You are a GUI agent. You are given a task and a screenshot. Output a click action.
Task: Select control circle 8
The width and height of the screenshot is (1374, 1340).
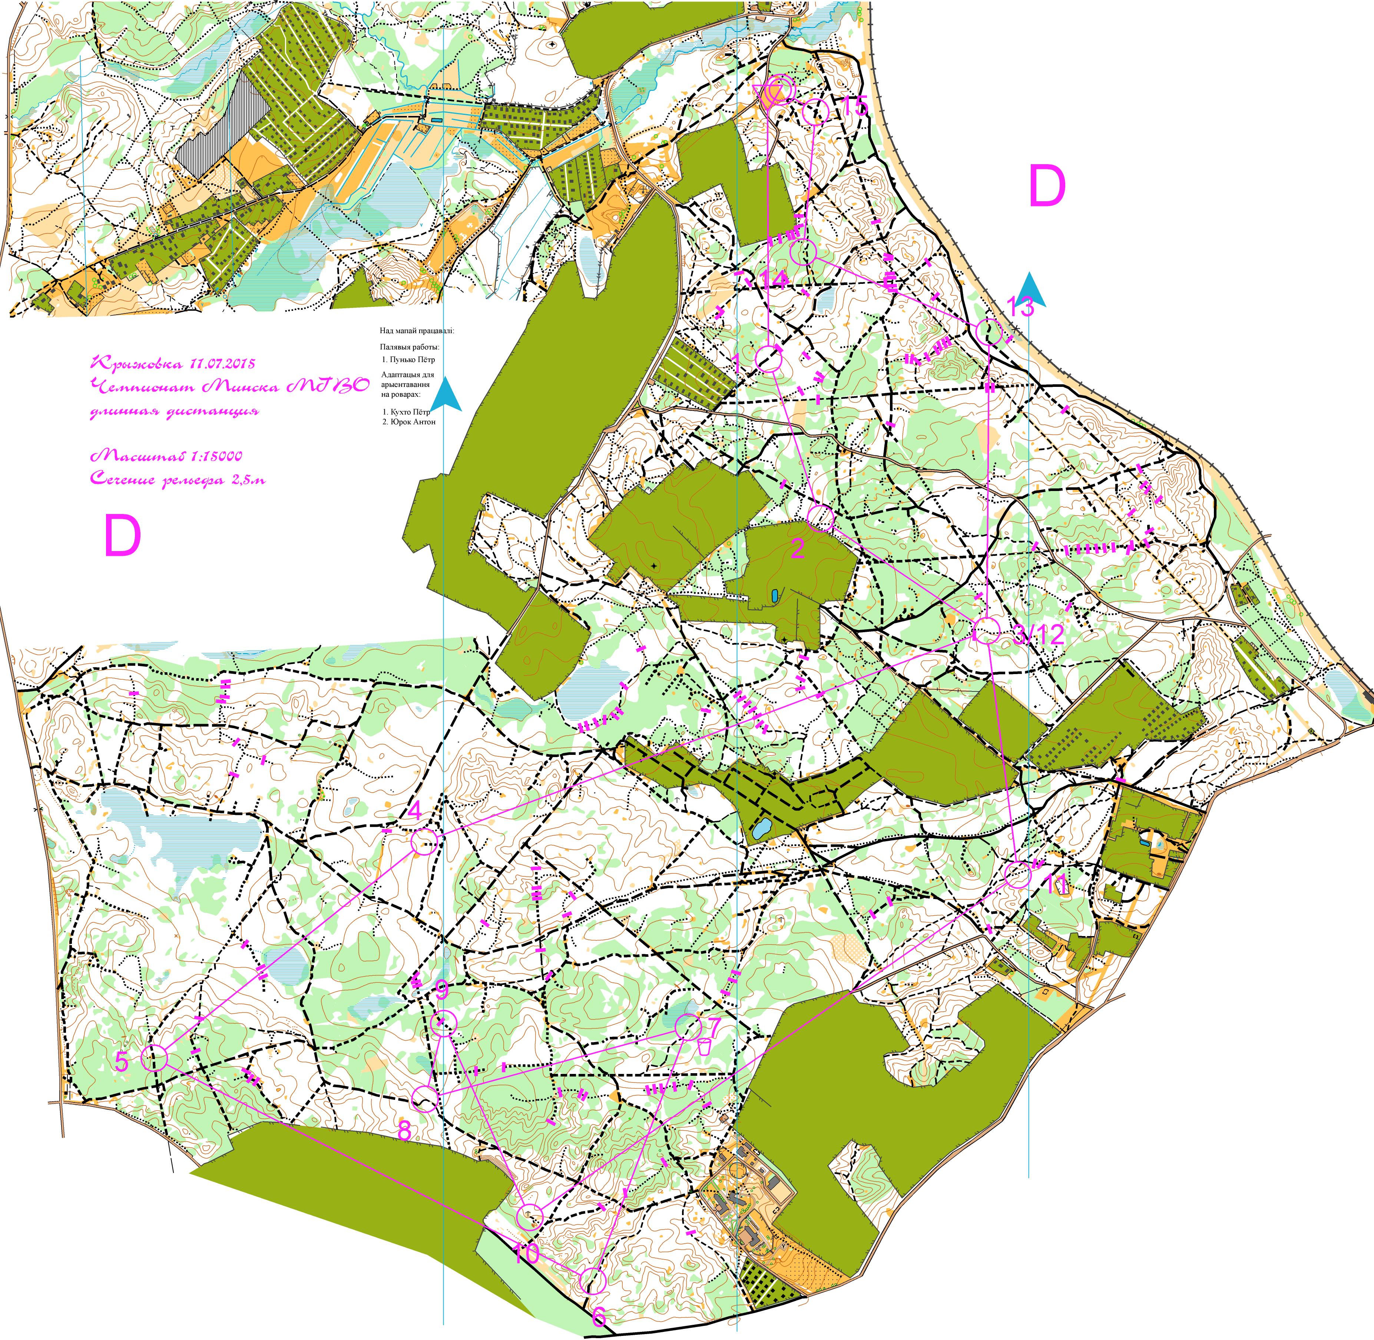(424, 1098)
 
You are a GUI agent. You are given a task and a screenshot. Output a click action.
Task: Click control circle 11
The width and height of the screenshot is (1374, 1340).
(1017, 875)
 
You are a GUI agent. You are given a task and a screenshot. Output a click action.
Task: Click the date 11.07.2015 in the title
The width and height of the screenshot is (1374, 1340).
(221, 364)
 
